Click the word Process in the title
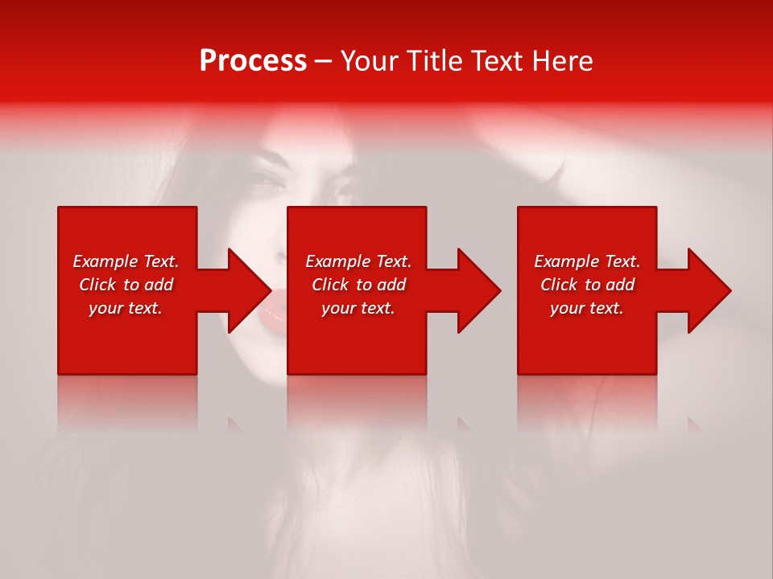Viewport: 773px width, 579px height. click(x=253, y=61)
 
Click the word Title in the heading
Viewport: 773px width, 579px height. click(x=432, y=61)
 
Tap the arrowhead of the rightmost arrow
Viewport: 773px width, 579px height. click(x=708, y=290)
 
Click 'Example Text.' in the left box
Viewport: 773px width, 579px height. click(x=126, y=261)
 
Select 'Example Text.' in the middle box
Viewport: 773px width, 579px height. click(x=358, y=261)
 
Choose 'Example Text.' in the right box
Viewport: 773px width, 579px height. click(x=587, y=261)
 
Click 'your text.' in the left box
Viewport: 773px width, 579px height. click(x=126, y=308)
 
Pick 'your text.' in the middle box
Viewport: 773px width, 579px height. click(x=358, y=308)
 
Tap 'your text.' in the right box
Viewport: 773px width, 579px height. click(x=587, y=308)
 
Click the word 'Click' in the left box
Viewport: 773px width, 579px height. click(x=97, y=285)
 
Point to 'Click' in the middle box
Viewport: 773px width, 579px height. click(x=330, y=285)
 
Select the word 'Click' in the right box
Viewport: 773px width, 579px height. click(x=559, y=285)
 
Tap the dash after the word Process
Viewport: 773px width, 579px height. click(x=323, y=62)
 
